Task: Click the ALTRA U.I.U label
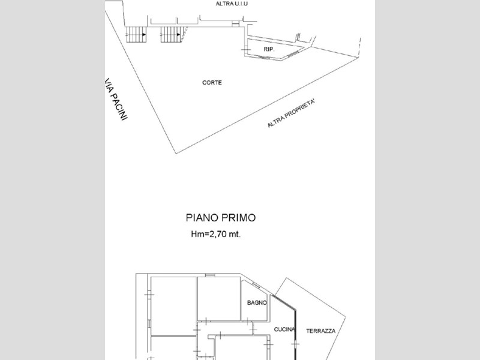click(232, 4)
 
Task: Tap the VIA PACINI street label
click(116, 98)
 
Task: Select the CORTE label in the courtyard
click(212, 83)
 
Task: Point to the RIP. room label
click(269, 49)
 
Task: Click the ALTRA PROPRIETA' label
click(291, 113)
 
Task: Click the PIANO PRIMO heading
click(220, 218)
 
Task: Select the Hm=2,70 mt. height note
click(216, 234)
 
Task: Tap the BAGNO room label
click(257, 303)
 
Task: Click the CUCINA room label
click(284, 329)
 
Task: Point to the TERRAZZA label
click(320, 331)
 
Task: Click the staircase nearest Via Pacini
click(136, 35)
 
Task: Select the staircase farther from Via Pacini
click(172, 35)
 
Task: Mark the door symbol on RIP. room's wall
click(246, 49)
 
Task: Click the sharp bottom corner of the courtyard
click(176, 154)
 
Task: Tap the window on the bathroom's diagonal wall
click(256, 286)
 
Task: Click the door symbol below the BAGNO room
click(247, 322)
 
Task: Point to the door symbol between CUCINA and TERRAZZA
click(295, 344)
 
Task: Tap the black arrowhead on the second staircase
click(178, 35)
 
